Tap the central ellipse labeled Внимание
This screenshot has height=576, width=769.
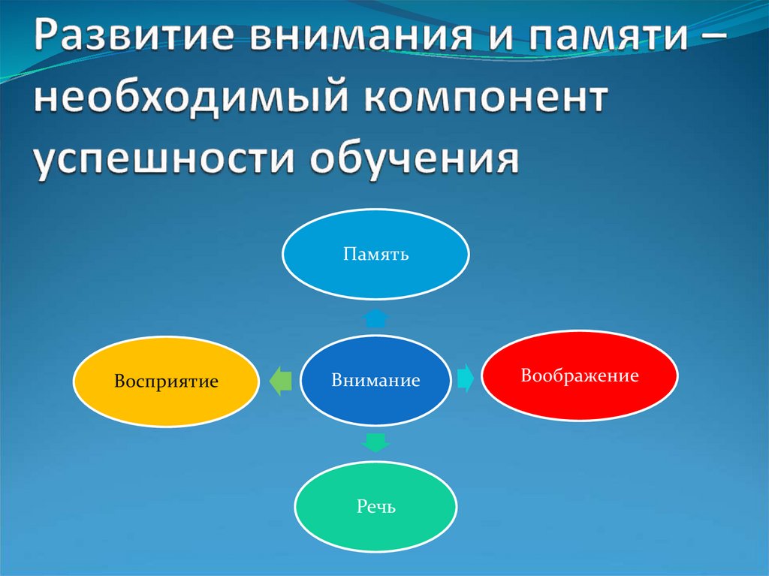(375, 381)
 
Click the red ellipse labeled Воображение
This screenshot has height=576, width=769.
(579, 375)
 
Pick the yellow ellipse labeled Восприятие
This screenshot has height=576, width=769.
(166, 381)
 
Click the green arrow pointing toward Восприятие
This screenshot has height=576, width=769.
(279, 381)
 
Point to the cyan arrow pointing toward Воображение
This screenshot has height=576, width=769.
(465, 378)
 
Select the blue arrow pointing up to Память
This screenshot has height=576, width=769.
(375, 318)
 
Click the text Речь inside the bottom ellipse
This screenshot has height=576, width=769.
(375, 508)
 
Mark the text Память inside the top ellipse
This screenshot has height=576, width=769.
(375, 255)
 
